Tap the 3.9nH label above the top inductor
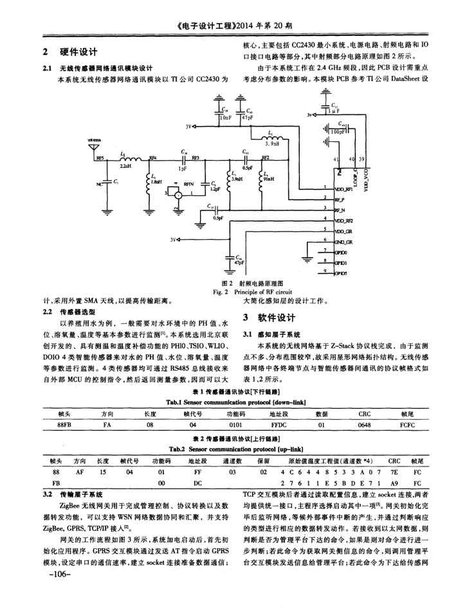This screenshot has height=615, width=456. [270, 145]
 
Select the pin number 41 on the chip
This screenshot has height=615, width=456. [337, 159]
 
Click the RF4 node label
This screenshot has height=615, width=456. [152, 157]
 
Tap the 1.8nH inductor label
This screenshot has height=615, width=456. [155, 183]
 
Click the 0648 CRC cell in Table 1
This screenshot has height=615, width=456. [365, 425]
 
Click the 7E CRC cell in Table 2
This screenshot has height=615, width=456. [394, 471]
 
